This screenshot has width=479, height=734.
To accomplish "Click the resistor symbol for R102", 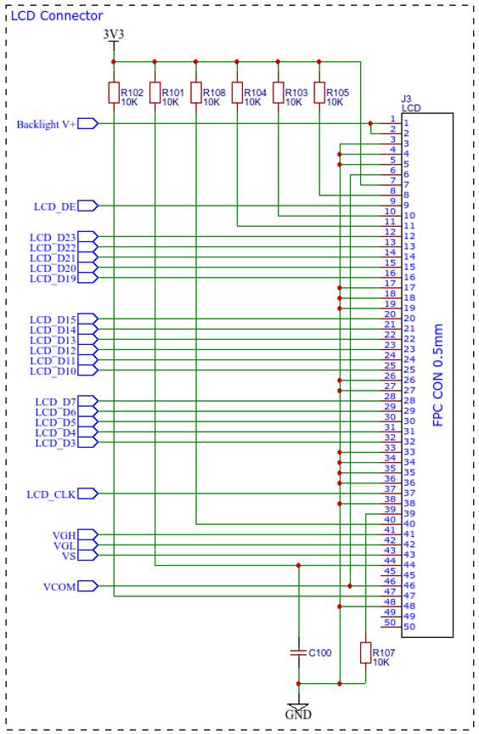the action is tap(114, 93).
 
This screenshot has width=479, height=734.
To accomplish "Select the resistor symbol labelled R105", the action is tap(319, 93).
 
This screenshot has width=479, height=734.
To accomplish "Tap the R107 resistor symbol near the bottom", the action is tap(366, 652).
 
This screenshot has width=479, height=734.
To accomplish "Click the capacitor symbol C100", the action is tap(298, 652).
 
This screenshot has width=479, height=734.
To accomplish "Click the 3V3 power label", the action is tap(114, 34).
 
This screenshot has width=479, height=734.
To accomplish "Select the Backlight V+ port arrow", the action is tap(88, 124).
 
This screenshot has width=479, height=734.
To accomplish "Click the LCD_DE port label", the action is tap(54, 206).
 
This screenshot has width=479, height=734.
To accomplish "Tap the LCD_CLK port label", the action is tap(51, 494).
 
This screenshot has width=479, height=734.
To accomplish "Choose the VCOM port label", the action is tap(59, 587).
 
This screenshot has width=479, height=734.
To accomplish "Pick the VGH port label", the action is tap(64, 535).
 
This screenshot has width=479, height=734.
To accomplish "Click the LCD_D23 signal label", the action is tap(53, 237).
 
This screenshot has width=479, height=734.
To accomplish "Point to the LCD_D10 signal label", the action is tap(53, 371).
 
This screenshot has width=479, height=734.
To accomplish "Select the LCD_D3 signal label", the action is tap(56, 443).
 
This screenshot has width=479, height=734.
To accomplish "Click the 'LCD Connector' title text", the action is tap(57, 16).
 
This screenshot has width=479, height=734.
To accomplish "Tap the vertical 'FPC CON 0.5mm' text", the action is tap(438, 375).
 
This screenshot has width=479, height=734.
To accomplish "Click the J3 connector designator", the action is tap(406, 99).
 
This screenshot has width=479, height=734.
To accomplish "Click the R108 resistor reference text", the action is tap(214, 93).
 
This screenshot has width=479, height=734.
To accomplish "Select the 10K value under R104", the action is tap(252, 102).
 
